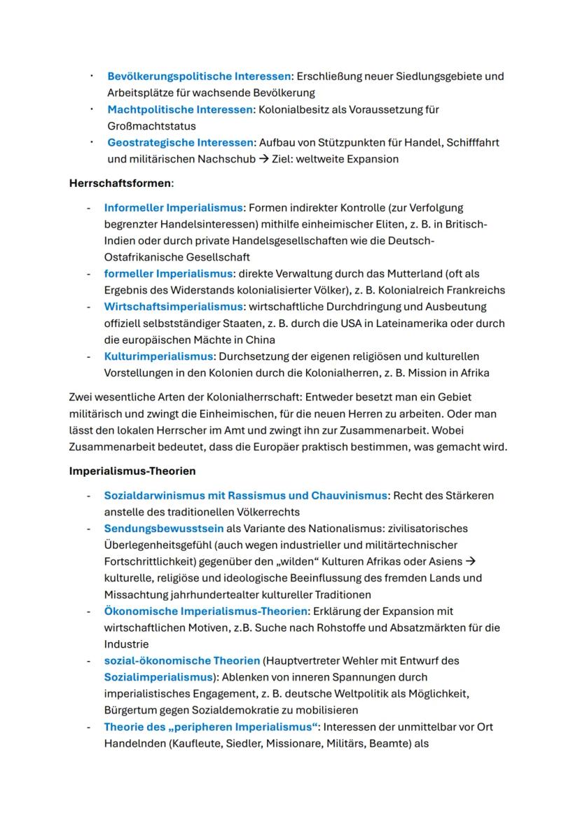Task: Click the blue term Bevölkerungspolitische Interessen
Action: [x=198, y=76]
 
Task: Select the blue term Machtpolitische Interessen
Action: [x=180, y=110]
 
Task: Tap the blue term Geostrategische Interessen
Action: [x=180, y=143]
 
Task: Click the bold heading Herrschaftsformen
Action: [x=120, y=183]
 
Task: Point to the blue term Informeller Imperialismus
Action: [x=173, y=208]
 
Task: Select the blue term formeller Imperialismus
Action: [x=168, y=274]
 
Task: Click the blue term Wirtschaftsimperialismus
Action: [x=173, y=307]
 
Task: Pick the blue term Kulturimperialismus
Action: [x=158, y=356]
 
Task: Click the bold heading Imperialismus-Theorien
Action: [x=132, y=471]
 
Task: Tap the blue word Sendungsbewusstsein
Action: [x=164, y=529]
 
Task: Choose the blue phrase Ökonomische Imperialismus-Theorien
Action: [x=206, y=611]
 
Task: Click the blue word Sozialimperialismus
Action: [x=158, y=677]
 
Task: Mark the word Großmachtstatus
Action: [x=151, y=126]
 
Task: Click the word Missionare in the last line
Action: [x=293, y=743]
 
